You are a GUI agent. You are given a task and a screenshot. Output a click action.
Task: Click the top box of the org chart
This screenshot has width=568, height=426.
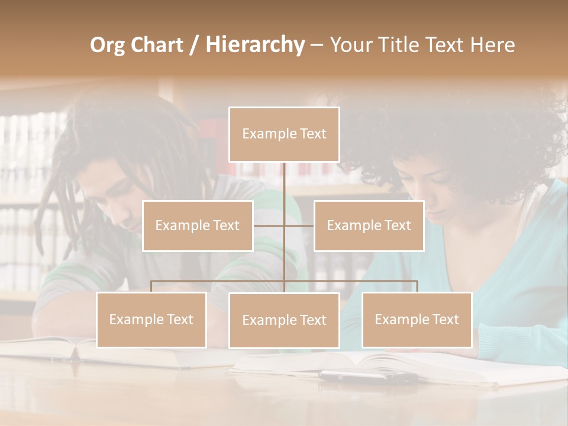click(284, 134)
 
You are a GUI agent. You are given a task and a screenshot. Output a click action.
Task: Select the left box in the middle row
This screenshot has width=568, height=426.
click(198, 225)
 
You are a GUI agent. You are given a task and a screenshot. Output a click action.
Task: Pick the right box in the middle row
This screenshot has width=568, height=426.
click(369, 225)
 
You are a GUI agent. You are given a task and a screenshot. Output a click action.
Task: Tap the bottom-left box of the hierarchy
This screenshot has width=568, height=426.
click(151, 319)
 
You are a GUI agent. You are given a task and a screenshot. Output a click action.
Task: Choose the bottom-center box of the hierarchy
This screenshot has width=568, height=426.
click(284, 320)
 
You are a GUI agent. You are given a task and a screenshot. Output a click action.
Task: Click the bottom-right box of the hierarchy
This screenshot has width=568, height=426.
click(417, 319)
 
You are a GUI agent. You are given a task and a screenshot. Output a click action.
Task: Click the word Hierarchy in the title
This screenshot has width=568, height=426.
click(254, 44)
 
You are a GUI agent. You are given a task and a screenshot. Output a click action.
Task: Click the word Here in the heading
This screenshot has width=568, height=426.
click(493, 44)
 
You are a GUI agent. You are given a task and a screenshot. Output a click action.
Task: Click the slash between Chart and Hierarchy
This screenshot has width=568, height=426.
click(193, 45)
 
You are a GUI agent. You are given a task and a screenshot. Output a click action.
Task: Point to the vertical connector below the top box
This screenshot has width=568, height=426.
click(285, 183)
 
